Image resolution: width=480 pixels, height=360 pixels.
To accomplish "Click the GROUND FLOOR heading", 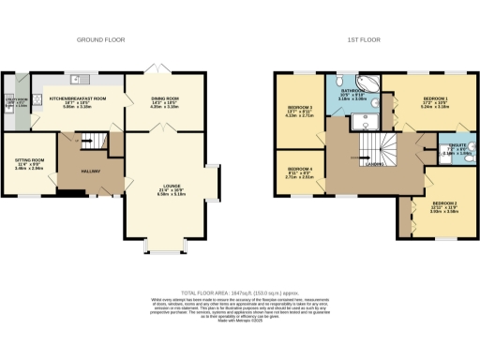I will coord(100,40).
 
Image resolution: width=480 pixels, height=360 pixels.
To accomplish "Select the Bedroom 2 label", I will coord(442,204).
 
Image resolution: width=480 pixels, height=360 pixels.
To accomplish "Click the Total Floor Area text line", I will coord(240,292).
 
